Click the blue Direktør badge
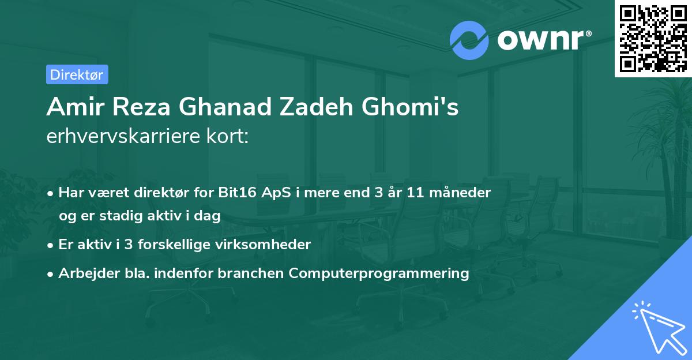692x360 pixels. coord(77,74)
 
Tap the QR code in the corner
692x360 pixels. coord(653,39)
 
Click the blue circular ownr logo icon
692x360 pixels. coord(469,40)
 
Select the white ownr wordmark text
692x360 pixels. coord(544,40)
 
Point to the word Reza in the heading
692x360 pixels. coord(141,107)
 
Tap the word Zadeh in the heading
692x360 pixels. coord(317,107)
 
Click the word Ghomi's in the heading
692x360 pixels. coord(410,107)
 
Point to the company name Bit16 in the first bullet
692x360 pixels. coord(237,192)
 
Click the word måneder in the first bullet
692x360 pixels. coord(460,193)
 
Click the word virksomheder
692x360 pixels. coord(263,245)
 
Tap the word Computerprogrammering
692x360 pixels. coord(379,273)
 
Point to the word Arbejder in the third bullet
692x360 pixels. coord(89,273)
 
